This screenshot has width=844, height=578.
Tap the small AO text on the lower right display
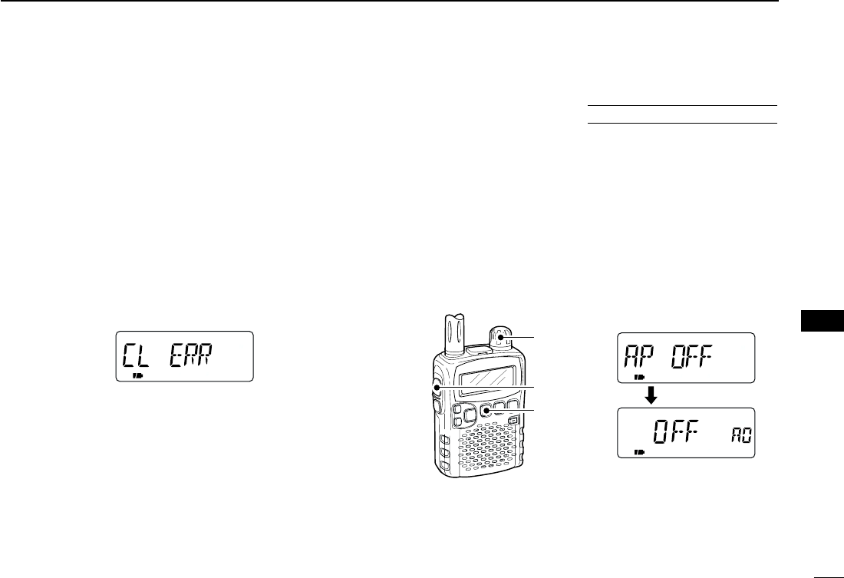coord(741,438)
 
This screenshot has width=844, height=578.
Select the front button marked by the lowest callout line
coord(486,412)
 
